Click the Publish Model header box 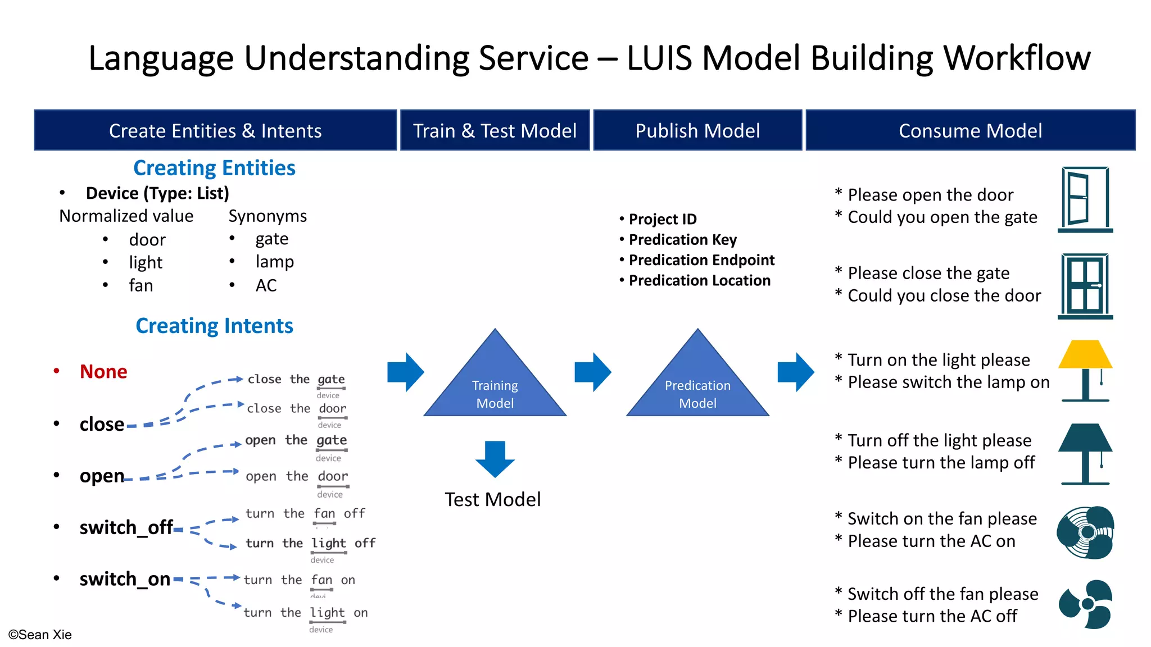click(697, 130)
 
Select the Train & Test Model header click(495, 130)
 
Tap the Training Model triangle click(495, 388)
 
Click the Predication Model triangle click(697, 388)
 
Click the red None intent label click(103, 372)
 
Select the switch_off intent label click(126, 527)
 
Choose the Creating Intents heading click(214, 326)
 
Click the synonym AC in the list click(266, 285)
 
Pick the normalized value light click(146, 262)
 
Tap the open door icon click(1085, 200)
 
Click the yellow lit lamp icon click(1085, 371)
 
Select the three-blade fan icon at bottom click(1085, 604)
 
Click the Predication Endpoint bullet click(701, 260)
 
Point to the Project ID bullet click(662, 219)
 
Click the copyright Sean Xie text click(40, 635)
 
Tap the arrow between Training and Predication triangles click(593, 372)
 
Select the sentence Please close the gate click(928, 273)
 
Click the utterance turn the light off click(310, 543)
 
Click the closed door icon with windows click(1085, 286)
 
